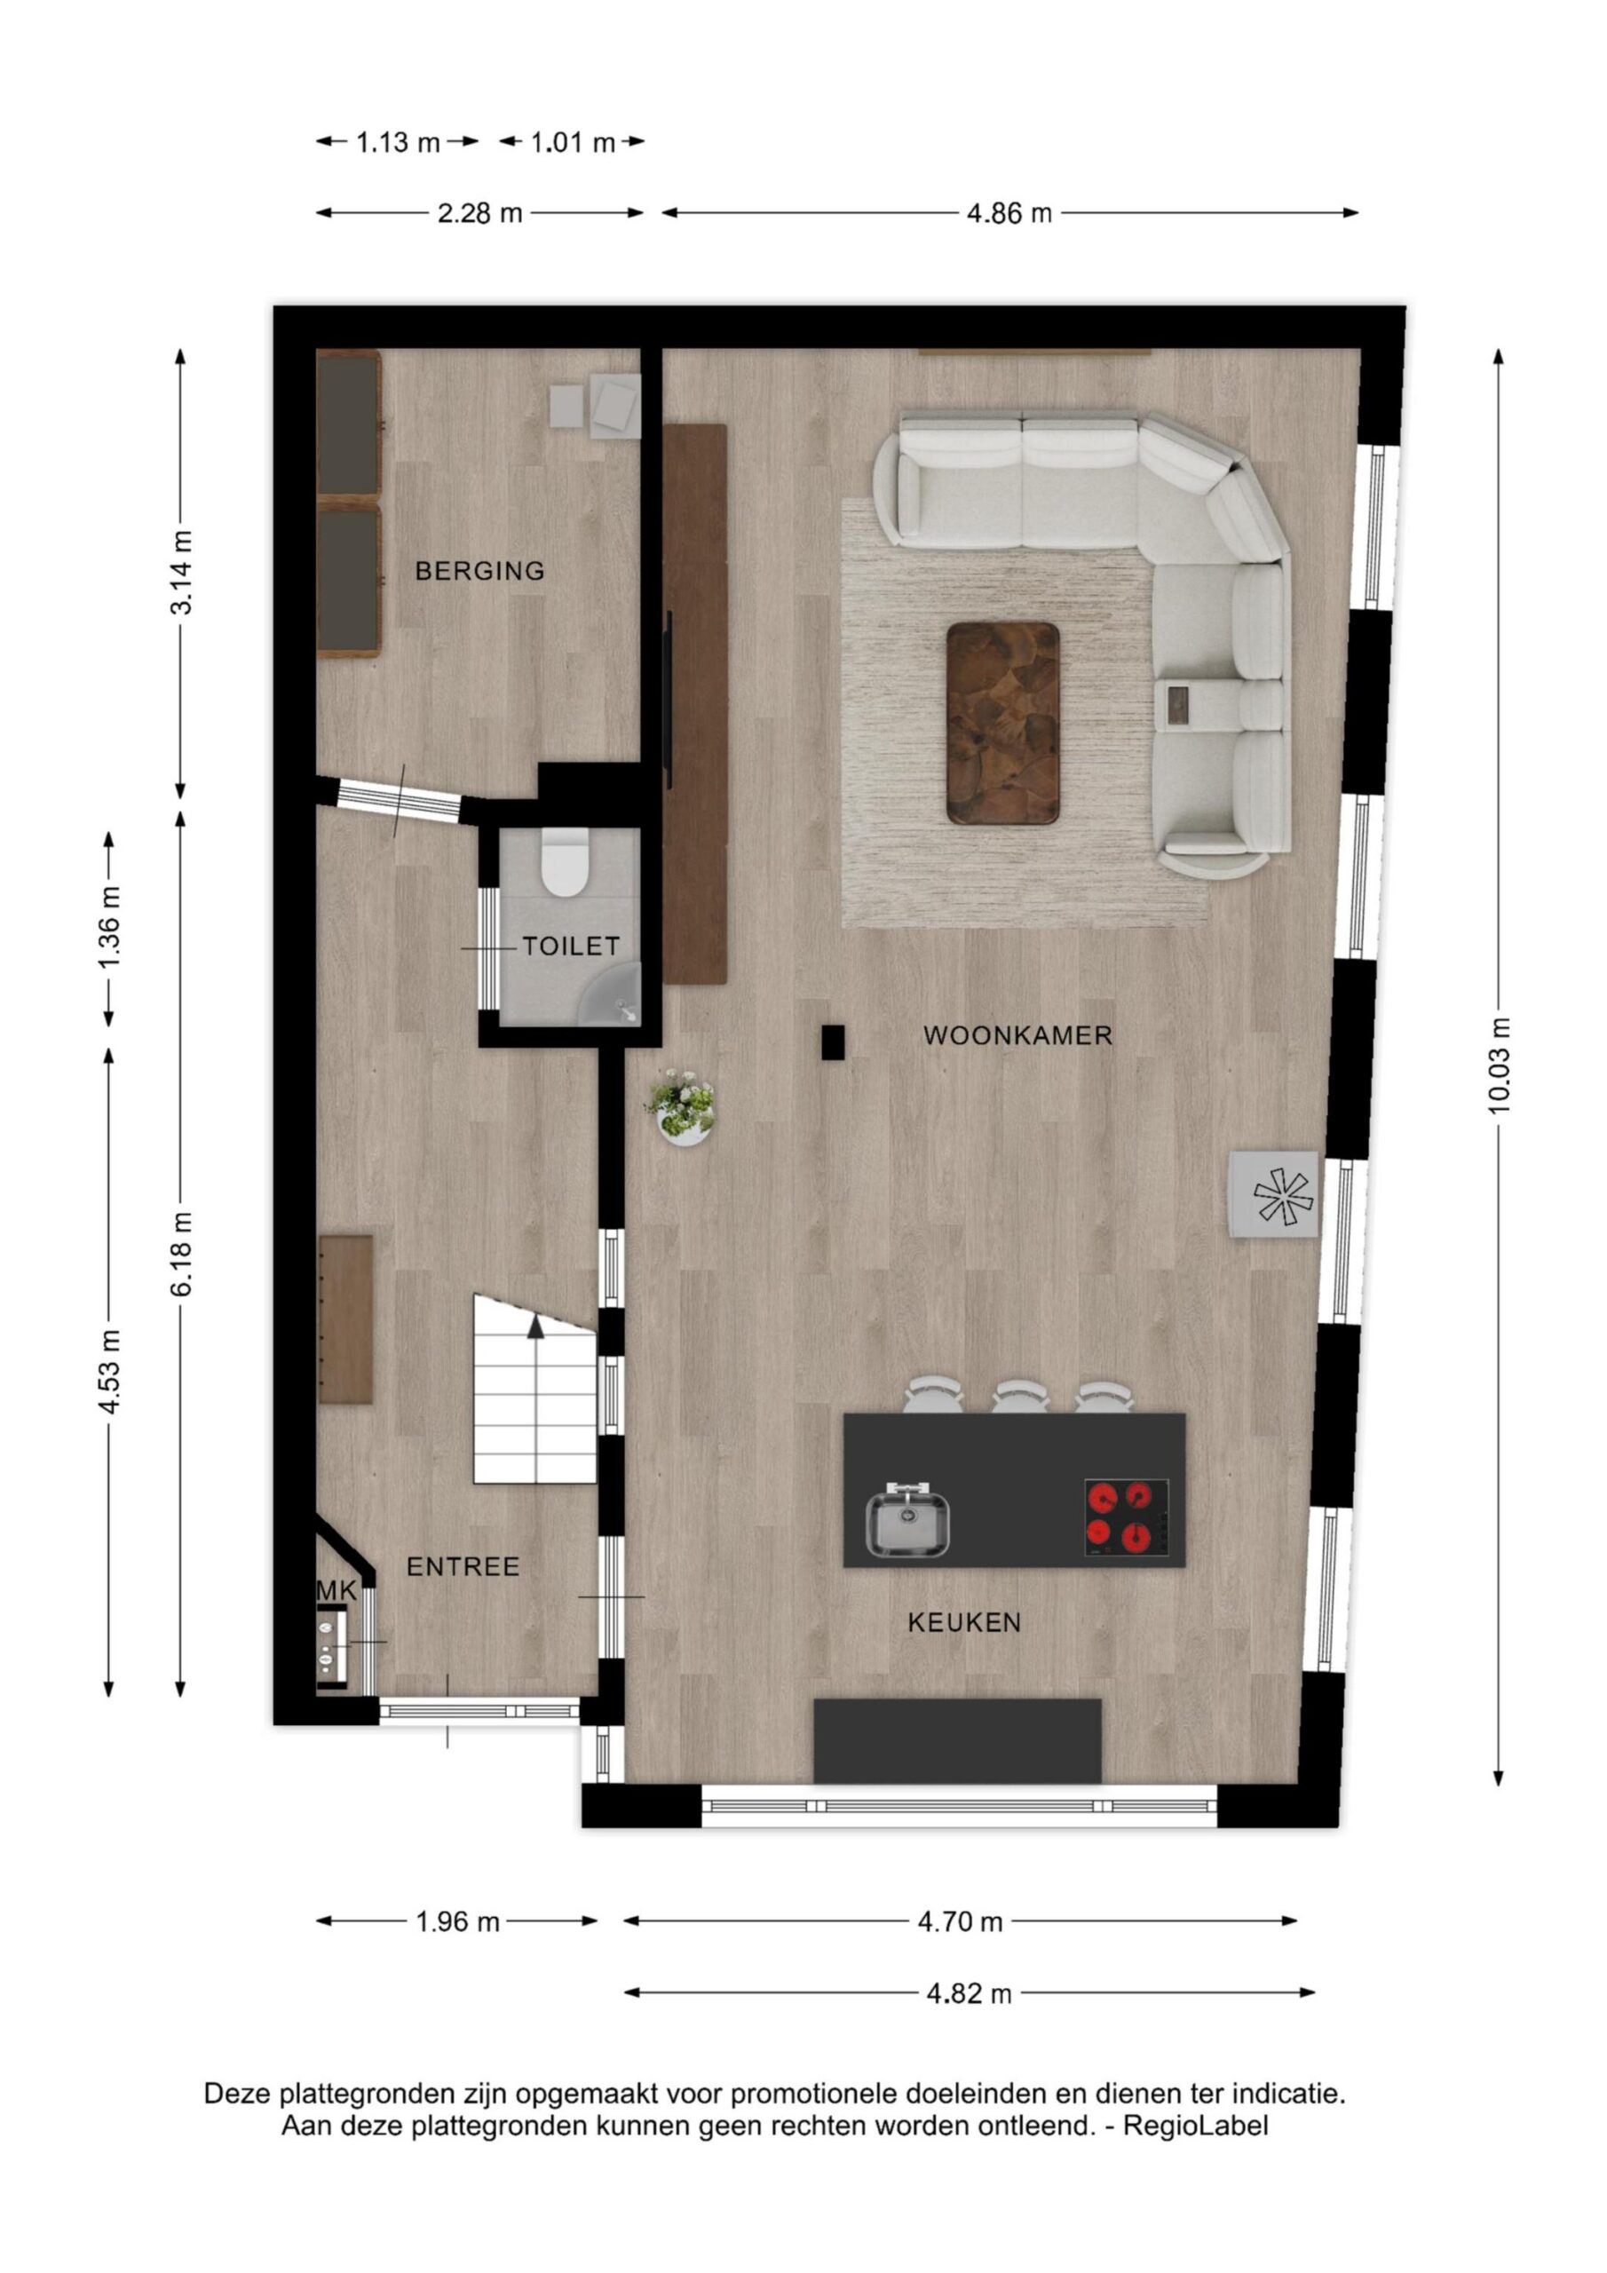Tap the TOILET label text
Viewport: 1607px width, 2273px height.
coord(571,946)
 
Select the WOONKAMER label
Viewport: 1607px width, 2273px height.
coord(1017,1035)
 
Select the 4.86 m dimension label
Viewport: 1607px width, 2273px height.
coord(1009,213)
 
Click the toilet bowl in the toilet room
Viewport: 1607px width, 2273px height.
coord(566,862)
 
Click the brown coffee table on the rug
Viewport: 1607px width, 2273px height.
coord(1003,723)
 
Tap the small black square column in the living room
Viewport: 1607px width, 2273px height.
coord(833,1042)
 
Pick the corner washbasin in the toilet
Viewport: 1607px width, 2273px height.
coord(614,999)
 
